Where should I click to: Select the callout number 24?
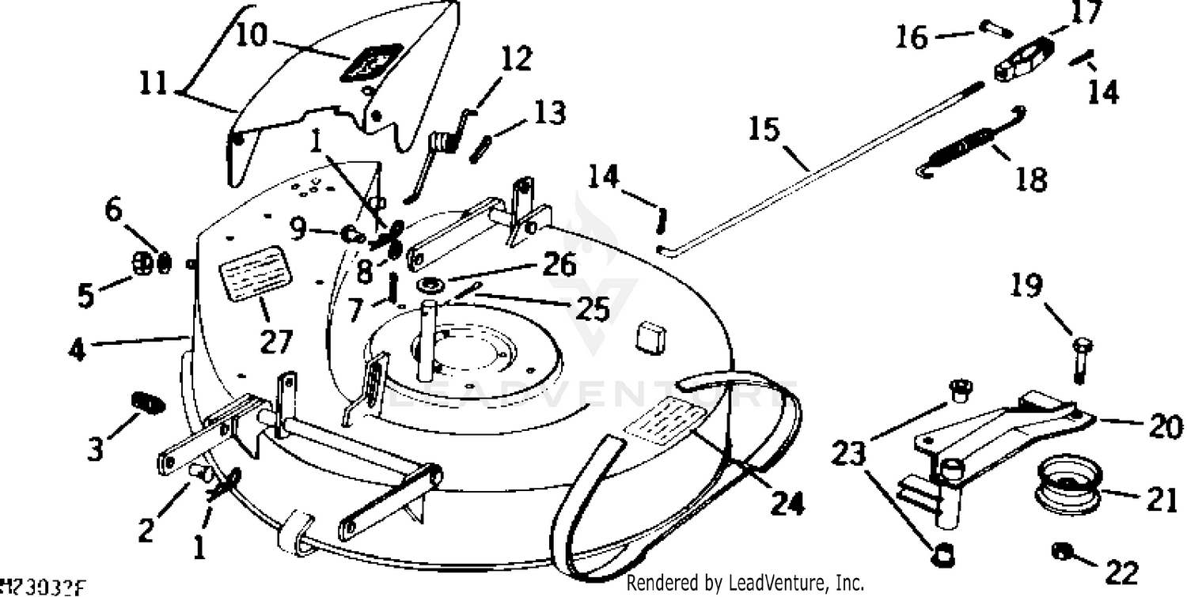click(x=787, y=503)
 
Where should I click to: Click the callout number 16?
click(x=912, y=36)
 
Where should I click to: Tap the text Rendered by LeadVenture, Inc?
click(x=745, y=584)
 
